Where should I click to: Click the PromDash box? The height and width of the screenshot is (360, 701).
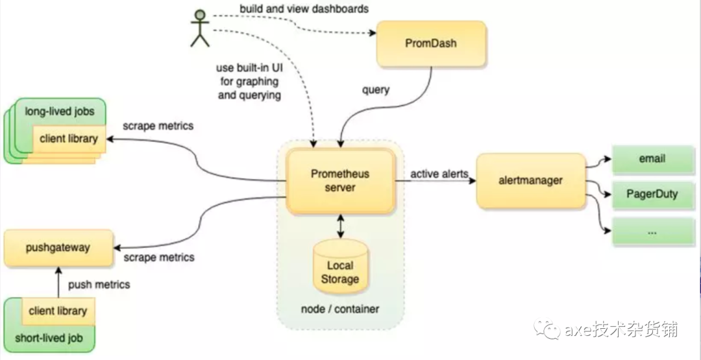[431, 44]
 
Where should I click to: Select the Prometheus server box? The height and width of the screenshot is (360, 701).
[341, 180]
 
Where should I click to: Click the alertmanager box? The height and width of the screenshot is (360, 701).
[531, 181]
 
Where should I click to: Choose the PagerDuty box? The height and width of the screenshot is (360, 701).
[652, 194]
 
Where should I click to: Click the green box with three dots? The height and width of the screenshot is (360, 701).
[652, 231]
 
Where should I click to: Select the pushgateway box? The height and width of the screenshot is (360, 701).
[58, 247]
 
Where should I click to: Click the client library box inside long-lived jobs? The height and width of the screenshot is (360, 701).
[69, 138]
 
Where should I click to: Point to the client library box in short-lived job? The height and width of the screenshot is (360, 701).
[58, 311]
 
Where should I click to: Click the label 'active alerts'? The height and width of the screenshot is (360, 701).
[439, 174]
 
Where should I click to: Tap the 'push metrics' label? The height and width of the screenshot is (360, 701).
[99, 284]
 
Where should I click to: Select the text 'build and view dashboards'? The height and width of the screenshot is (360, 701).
[304, 9]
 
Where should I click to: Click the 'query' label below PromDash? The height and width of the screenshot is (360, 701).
[376, 90]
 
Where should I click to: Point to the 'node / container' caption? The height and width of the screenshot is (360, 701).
[340, 309]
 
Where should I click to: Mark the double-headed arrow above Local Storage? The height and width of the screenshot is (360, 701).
[340, 226]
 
